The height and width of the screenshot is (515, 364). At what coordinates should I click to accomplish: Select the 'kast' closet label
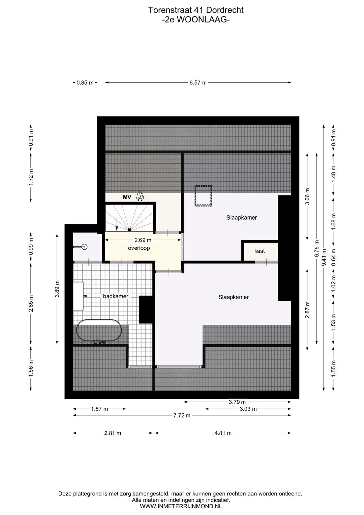click(260, 251)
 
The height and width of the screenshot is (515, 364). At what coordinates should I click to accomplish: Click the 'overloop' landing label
click(139, 248)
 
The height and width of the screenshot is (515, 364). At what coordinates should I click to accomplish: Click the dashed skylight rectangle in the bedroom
click(203, 196)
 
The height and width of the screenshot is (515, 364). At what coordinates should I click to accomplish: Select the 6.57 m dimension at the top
click(198, 83)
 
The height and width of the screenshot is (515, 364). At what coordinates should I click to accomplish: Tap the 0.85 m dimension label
click(85, 83)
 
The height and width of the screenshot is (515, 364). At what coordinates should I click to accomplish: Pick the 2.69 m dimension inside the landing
click(143, 240)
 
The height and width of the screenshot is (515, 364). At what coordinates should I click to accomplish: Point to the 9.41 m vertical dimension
click(324, 257)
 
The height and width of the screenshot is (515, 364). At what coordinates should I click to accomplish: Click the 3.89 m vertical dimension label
click(57, 289)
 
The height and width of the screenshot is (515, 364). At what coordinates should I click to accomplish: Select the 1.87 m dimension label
click(99, 409)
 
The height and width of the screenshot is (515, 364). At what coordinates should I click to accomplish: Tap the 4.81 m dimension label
click(223, 433)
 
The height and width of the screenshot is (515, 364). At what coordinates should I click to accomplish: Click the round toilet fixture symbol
click(85, 247)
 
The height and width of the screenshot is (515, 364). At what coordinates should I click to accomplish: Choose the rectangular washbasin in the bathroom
click(78, 296)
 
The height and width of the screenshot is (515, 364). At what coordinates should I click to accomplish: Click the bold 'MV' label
click(127, 197)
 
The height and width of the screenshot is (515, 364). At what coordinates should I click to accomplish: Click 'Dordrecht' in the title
click(225, 10)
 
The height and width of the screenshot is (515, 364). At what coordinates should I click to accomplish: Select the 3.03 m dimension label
click(248, 409)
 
